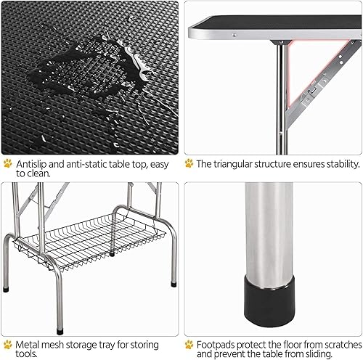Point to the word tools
pyautogui.click(x=27, y=354)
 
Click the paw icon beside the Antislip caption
pyautogui.click(x=8, y=164)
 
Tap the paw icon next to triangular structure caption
pyautogui.click(x=189, y=164)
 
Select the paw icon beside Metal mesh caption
pyautogui.click(x=8, y=344)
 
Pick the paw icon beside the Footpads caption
pyautogui.click(x=189, y=344)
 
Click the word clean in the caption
pyautogui.click(x=37, y=174)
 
